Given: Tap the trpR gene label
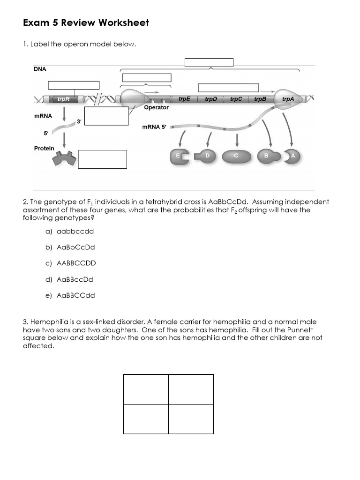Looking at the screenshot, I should tap(63, 99).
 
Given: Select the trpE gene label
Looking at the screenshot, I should tap(185, 99).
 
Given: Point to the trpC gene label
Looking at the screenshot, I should tap(236, 99).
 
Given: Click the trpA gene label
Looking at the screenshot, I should tap(288, 99).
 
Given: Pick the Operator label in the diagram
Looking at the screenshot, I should tap(156, 108).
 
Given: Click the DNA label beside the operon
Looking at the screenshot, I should tap(40, 68).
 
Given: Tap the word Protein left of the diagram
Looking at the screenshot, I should tap(44, 148).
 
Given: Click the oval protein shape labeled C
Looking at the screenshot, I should tap(237, 156).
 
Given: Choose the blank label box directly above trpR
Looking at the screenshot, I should tap(74, 85).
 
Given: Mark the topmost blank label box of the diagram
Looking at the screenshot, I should tap(209, 62).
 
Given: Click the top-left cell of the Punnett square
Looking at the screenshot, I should tap(146, 389).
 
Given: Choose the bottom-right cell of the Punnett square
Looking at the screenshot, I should tap(191, 419).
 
